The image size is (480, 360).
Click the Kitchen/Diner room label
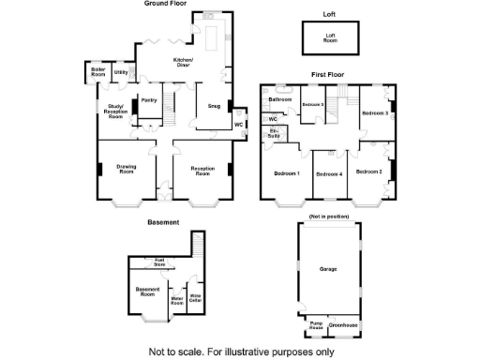point(182,63)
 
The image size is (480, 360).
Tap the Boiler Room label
point(97,72)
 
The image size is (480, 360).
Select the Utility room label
point(121,72)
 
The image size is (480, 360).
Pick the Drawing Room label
point(126,170)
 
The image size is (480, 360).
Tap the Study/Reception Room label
point(115,112)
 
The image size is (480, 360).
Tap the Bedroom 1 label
point(285,173)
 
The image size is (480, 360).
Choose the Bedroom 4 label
point(329,174)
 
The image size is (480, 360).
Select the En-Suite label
point(273,135)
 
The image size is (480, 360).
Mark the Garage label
point(328,269)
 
